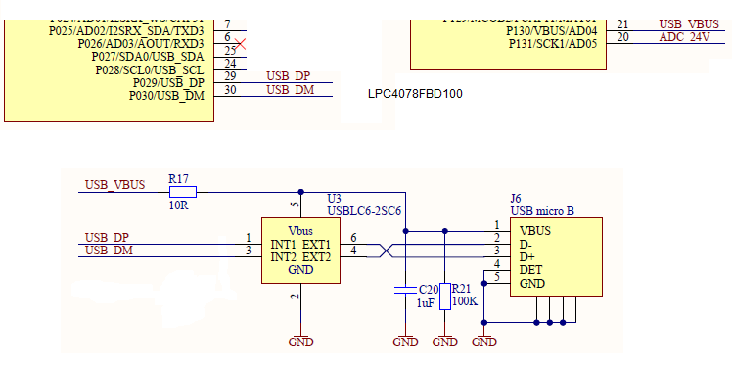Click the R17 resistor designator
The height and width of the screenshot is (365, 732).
(x=178, y=179)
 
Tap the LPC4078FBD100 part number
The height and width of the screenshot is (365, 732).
(x=414, y=94)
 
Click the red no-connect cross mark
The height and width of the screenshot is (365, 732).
(x=240, y=43)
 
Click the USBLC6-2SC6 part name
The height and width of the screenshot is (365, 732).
(x=363, y=210)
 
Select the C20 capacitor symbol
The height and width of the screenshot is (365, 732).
(x=404, y=291)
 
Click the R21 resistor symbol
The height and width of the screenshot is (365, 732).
(x=444, y=297)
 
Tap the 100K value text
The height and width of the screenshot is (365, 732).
(x=465, y=301)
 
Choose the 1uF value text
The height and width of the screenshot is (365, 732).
(x=426, y=303)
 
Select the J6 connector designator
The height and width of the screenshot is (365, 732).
(x=516, y=198)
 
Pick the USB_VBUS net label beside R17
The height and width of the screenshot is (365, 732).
(x=114, y=184)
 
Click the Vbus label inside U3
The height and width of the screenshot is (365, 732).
(x=300, y=230)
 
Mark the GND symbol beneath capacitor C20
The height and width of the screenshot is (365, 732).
(x=404, y=342)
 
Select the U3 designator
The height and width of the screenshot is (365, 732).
(x=334, y=198)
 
